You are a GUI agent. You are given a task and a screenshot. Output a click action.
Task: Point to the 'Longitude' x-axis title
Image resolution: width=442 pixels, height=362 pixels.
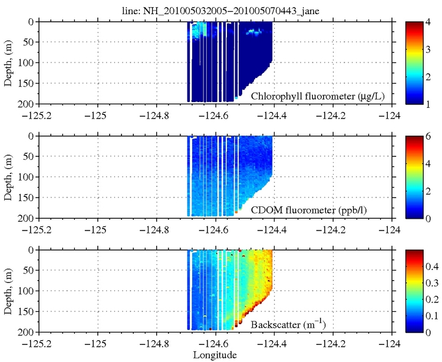point(216,355)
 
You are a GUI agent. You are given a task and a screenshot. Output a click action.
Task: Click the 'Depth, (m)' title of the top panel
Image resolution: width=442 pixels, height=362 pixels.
point(8,62)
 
